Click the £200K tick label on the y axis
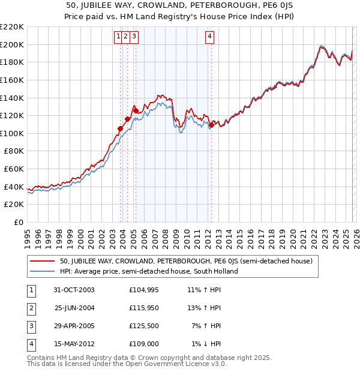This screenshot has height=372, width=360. pos(12,44)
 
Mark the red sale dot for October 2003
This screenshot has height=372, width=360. pos(121,128)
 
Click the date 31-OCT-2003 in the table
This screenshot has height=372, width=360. pos(74,290)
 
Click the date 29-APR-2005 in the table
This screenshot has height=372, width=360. pos(74,326)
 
